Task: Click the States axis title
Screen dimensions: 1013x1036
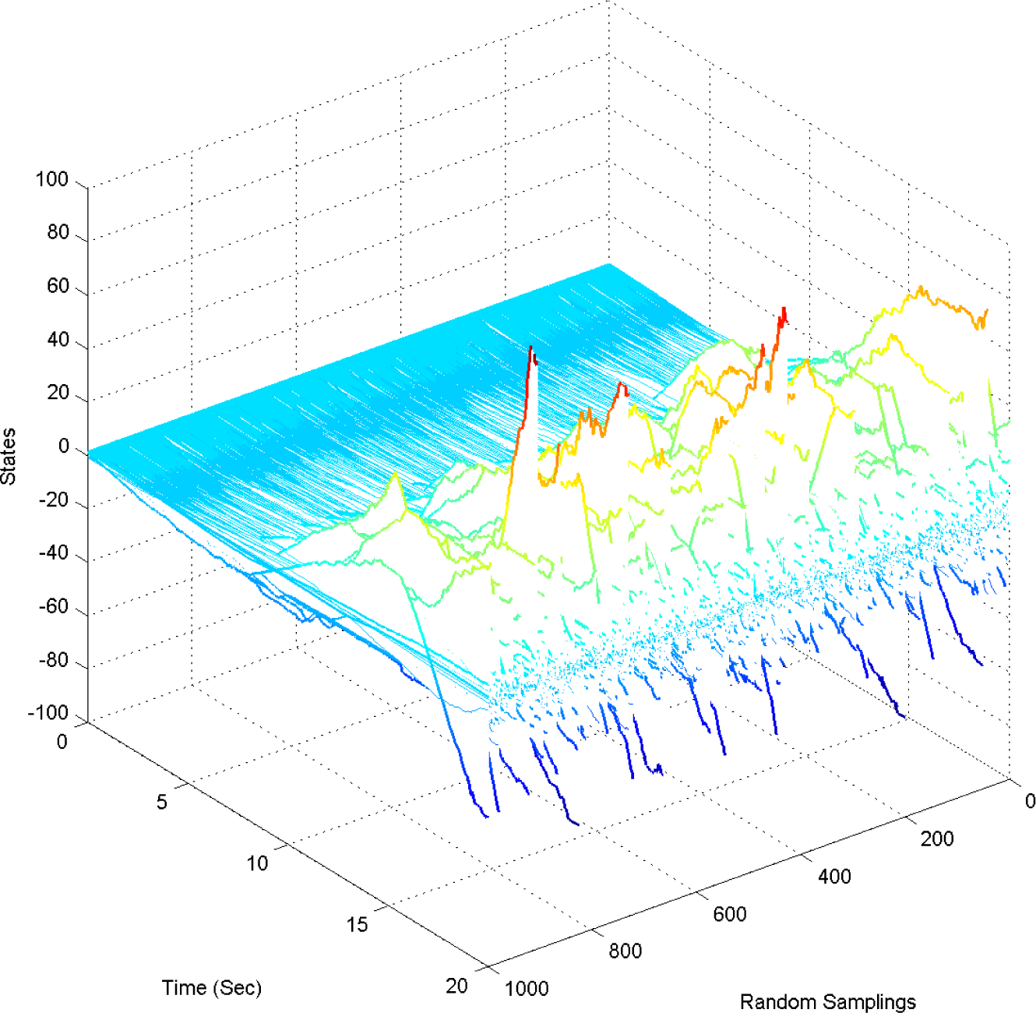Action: point(9,457)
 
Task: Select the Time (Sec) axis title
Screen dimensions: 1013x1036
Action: point(212,988)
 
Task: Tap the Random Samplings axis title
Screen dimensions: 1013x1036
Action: point(827,1001)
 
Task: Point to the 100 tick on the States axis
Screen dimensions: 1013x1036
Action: point(52,180)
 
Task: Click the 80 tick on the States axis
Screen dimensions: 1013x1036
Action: point(58,233)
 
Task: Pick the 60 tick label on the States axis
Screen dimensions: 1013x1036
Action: point(58,287)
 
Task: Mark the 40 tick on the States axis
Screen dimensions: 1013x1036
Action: point(58,341)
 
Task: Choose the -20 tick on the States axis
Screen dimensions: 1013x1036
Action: point(54,501)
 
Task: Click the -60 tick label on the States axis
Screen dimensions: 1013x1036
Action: point(54,607)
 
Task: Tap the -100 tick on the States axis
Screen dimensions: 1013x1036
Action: point(49,713)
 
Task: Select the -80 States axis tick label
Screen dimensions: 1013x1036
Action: point(54,661)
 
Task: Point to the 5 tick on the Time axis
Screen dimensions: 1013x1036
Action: point(162,802)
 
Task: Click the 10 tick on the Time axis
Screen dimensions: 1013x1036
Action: point(257,863)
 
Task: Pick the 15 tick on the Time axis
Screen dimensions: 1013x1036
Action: point(357,925)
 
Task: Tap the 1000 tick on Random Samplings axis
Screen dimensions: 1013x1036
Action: point(527,989)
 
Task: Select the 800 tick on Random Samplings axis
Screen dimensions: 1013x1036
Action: point(625,951)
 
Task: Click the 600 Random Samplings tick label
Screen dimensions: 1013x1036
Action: point(730,914)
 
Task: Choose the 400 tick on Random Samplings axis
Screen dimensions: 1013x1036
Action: point(834,877)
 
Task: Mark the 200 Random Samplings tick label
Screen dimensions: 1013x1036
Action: point(937,839)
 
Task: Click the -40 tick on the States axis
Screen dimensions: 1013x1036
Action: point(54,554)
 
